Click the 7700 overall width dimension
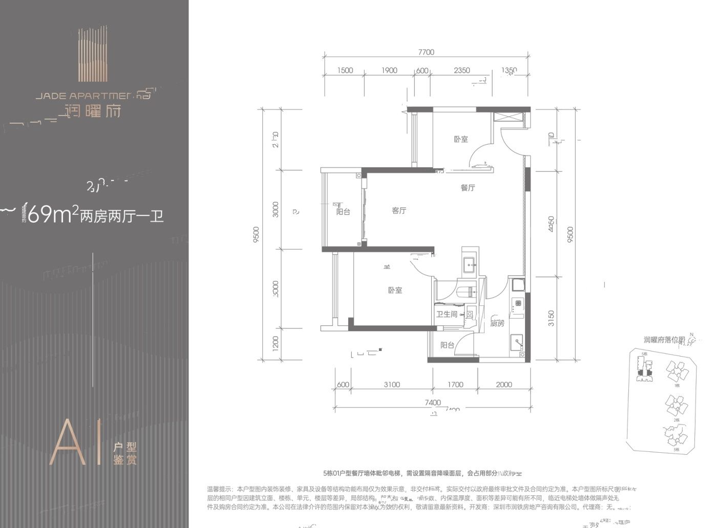426,52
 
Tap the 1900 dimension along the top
389,71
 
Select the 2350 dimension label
461,71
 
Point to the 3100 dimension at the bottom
391,385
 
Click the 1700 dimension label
455,385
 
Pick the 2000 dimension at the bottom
503,385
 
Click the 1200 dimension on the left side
276,343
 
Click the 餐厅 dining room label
468,188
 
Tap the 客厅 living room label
399,210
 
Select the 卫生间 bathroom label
446,314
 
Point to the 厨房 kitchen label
497,323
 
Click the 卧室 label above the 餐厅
460,139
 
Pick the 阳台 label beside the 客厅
343,211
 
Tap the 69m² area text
50,215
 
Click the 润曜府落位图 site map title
664,340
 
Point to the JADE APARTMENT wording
85,95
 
